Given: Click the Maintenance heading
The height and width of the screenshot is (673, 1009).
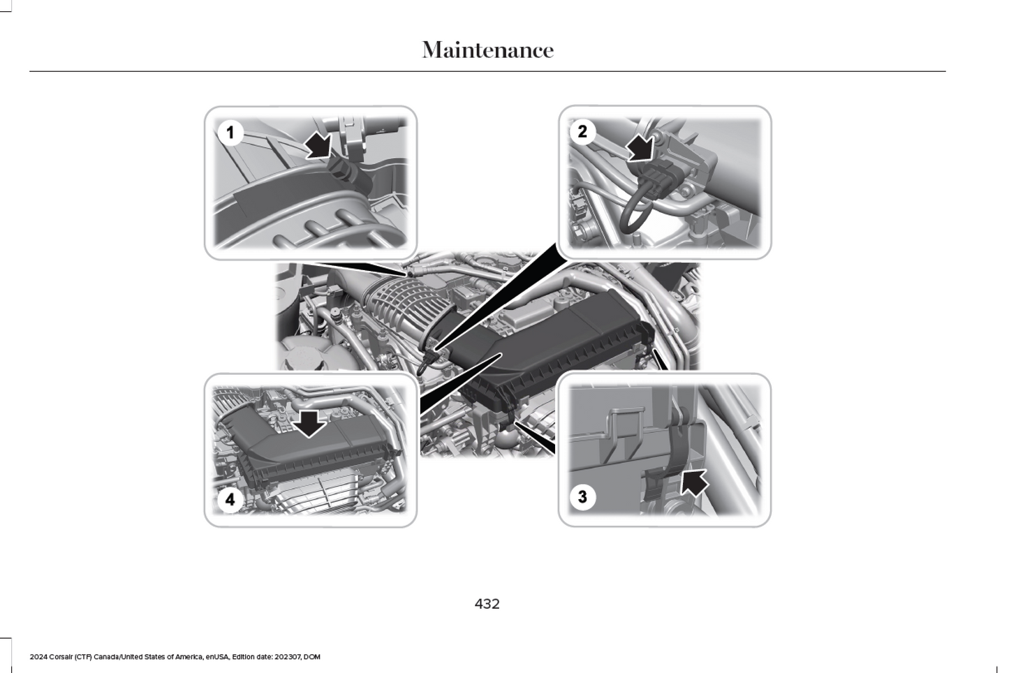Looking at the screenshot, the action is coord(487,50).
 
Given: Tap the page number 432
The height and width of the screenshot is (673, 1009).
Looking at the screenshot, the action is coord(487,604).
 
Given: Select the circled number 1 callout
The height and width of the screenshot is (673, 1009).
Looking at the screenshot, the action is coord(230,133).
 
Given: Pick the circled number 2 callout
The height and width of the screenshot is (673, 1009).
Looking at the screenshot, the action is coord(582,131).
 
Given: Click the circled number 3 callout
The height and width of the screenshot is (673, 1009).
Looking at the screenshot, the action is coord(582,497).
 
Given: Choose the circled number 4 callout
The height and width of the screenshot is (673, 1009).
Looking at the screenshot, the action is coord(230,499).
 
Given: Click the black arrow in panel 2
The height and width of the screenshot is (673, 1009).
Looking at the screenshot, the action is coord(640,148).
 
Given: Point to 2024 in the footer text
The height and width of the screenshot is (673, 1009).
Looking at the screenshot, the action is coord(38,657).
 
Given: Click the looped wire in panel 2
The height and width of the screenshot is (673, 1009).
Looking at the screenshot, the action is coord(636,212).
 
